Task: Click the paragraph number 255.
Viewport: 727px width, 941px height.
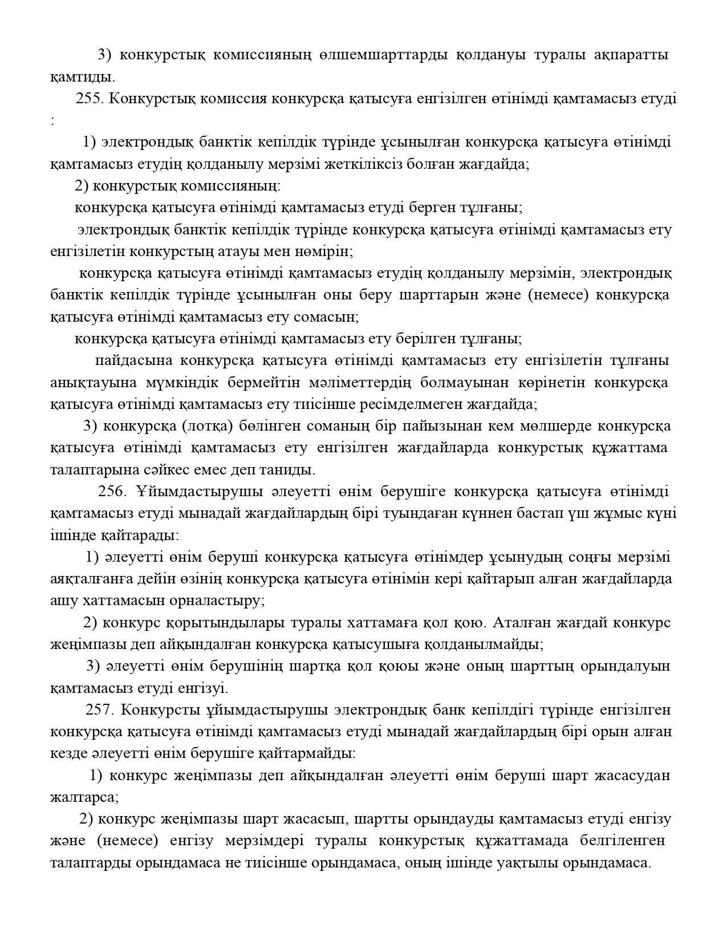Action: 89,99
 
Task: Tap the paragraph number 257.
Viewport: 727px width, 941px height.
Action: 100,710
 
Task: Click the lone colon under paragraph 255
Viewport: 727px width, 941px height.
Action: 52,120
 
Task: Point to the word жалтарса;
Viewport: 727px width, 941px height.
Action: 84,797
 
